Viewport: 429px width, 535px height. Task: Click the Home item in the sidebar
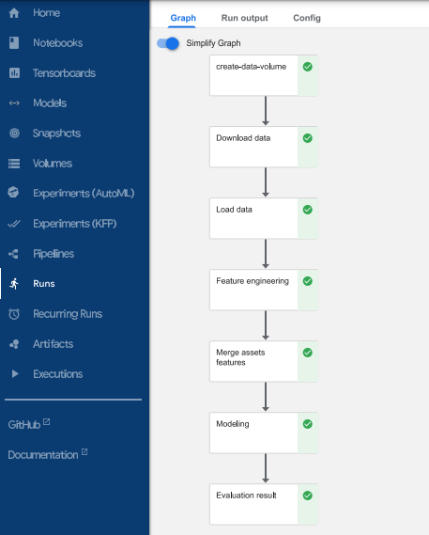(x=46, y=13)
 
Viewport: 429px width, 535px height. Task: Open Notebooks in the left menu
(x=57, y=43)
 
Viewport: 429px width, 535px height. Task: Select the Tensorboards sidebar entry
(x=64, y=73)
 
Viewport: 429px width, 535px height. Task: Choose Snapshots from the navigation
(x=56, y=134)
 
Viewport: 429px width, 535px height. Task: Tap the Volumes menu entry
(x=53, y=164)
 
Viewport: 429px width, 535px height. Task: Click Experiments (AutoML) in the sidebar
(x=84, y=194)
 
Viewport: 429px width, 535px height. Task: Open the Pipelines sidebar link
(x=54, y=254)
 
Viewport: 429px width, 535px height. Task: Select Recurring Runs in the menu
(x=68, y=314)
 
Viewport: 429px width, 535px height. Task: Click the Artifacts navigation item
(x=53, y=344)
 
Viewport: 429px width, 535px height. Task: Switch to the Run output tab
(x=244, y=18)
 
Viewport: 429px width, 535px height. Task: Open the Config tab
(x=306, y=18)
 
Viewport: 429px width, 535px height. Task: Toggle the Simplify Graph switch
(x=168, y=43)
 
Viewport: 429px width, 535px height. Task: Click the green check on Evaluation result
(x=308, y=496)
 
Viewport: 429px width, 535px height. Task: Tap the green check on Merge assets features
(x=308, y=353)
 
